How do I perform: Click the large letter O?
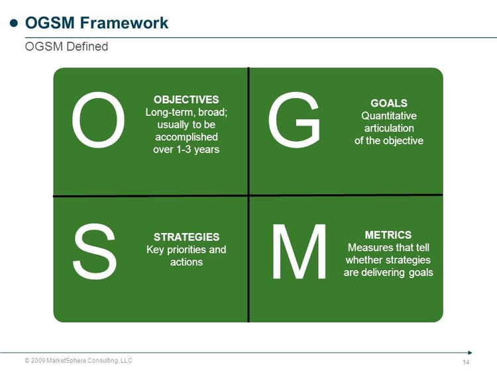[98, 120]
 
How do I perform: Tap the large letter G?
[294, 120]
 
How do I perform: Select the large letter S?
[95, 252]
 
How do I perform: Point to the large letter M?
[300, 252]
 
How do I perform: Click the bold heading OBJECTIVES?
[186, 99]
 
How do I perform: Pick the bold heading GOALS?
[388, 103]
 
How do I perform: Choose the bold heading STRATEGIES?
[186, 237]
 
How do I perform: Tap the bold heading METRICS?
[388, 235]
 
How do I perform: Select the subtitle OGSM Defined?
[66, 47]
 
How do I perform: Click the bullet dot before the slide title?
[13, 23]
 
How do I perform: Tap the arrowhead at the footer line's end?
[470, 352]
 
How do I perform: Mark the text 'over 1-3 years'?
[186, 150]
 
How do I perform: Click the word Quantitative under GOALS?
[388, 116]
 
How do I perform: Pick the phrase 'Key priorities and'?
[186, 250]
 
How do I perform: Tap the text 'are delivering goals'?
[388, 273]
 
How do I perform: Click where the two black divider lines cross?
[248, 195]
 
